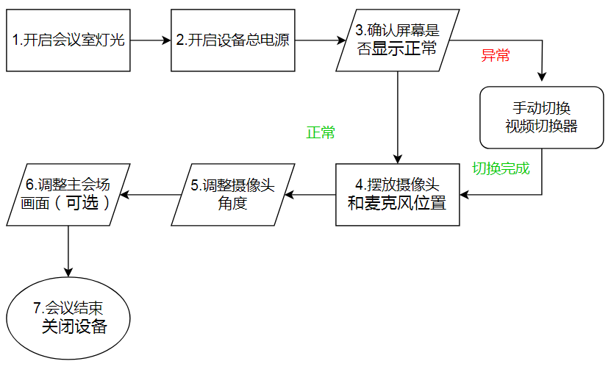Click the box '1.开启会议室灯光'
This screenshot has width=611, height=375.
tap(68, 40)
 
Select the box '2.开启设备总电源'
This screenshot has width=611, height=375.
tap(232, 40)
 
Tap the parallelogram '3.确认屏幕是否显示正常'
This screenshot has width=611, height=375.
tap(397, 40)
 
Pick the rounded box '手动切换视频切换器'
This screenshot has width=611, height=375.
tap(541, 118)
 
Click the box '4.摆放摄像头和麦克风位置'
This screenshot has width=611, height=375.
tap(397, 195)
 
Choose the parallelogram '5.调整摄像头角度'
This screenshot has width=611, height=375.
tap(233, 195)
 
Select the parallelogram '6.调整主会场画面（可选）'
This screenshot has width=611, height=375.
tap(68, 195)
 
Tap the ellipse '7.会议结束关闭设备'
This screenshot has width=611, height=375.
tap(68, 318)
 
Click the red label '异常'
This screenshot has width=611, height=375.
tap(495, 56)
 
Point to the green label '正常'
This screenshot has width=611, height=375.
tap(321, 133)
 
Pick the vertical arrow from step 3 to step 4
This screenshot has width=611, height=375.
tap(398, 118)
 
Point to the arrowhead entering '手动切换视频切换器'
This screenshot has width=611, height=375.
tap(542, 76)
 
